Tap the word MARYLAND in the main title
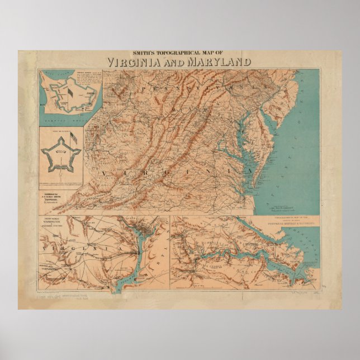[220, 62]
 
